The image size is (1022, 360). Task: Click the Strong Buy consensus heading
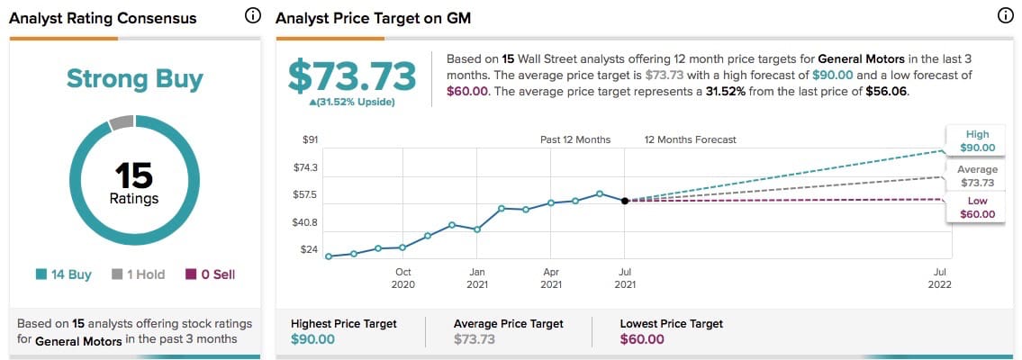click(x=135, y=78)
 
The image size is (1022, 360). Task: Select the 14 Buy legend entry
click(x=64, y=274)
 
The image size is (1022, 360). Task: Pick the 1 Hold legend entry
click(x=139, y=274)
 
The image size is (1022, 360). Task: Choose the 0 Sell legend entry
click(x=210, y=274)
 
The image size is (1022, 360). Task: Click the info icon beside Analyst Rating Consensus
click(x=253, y=17)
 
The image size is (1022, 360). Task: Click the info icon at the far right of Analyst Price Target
click(x=1005, y=17)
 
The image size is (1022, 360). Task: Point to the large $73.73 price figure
click(x=352, y=76)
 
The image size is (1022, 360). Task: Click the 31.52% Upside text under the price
click(x=352, y=101)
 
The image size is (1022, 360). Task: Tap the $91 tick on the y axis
click(x=310, y=139)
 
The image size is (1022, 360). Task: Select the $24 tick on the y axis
click(x=309, y=249)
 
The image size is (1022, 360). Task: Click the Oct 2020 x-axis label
click(x=402, y=278)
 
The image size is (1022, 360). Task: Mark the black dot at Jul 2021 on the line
click(x=624, y=201)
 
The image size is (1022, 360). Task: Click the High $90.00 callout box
click(x=977, y=140)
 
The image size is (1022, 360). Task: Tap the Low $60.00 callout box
click(x=977, y=208)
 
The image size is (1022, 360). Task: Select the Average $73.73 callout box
click(x=977, y=175)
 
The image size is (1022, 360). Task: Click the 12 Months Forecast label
click(x=690, y=139)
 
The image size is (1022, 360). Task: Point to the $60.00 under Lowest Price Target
click(x=642, y=339)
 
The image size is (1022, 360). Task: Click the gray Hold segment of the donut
click(x=122, y=122)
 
